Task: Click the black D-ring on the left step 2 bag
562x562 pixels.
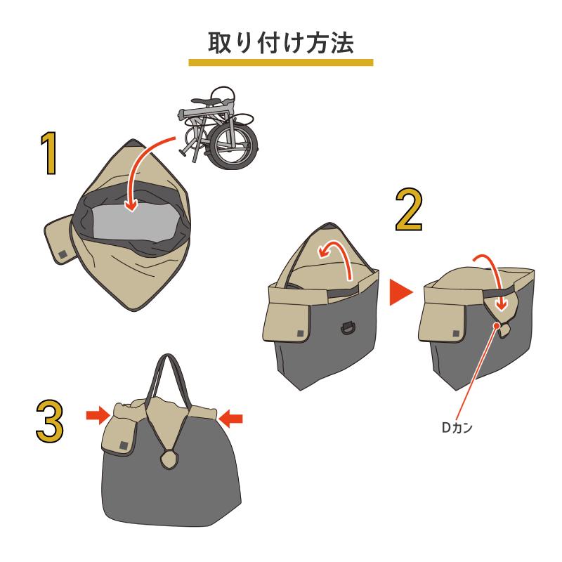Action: click(x=347, y=328)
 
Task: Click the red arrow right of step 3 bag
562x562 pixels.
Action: click(x=231, y=419)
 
